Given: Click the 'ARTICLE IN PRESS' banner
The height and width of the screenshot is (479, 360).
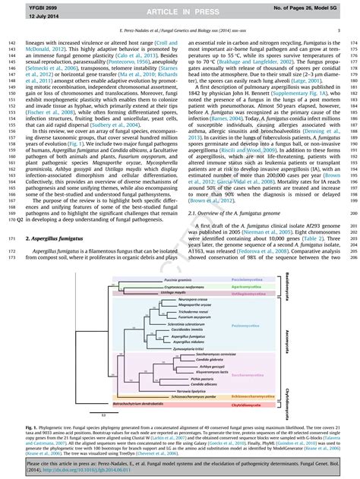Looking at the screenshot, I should coord(180,11).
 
